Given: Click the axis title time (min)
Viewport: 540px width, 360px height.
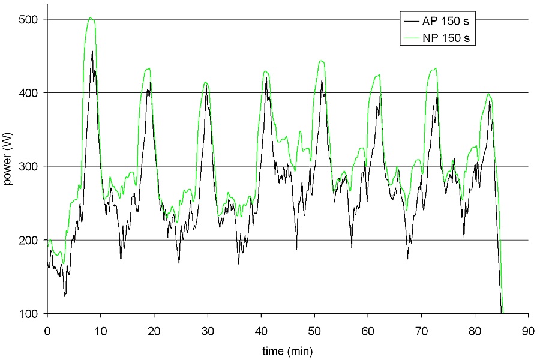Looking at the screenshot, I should [287, 350].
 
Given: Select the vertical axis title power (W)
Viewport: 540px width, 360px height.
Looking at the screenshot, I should [9, 166].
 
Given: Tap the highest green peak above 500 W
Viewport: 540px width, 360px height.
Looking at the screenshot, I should [90, 17].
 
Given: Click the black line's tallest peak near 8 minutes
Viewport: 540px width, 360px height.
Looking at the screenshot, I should [92, 52].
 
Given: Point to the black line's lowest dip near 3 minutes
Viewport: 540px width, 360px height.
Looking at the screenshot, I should [64, 295].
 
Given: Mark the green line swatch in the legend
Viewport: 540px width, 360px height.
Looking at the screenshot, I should [412, 39].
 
